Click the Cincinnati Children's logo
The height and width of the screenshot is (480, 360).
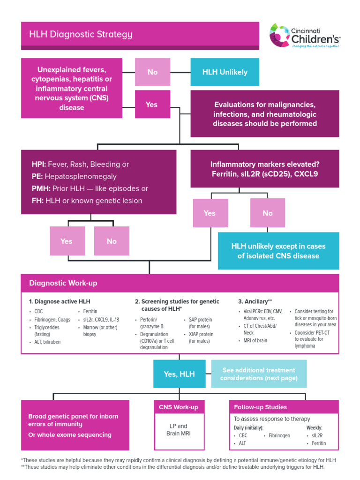pos(305,36)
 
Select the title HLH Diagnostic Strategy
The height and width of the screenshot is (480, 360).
pos(81,34)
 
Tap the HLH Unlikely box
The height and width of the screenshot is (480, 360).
pos(225,72)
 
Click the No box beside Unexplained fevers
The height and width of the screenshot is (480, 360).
pos(152,72)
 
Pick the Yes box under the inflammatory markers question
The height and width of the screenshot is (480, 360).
pos(210,213)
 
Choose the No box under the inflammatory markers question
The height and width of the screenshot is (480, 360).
pos(267,213)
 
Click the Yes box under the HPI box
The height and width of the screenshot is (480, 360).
pos(67,241)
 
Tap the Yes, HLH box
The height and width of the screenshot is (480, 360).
pos(179,374)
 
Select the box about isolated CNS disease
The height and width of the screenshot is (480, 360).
pos(278,251)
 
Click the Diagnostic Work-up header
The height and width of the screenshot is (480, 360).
pos(63,283)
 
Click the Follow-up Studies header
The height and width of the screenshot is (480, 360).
pos(260,407)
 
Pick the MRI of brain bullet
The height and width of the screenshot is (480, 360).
pos(255,340)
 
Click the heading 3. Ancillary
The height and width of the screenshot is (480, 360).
pos(255,302)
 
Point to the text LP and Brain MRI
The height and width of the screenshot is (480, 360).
pos(178,430)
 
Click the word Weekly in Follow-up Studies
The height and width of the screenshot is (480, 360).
pos(314,428)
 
